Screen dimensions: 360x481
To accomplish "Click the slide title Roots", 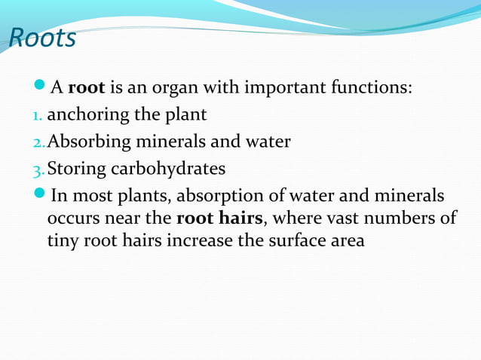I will point(43,38).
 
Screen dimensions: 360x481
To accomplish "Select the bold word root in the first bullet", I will point(86,89).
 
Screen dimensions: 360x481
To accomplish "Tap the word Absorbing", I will point(84,142).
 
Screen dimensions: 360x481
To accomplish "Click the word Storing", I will point(74,168).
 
